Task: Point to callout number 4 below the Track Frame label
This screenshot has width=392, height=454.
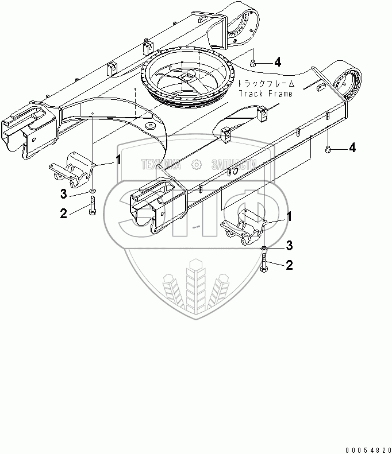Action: point(352,148)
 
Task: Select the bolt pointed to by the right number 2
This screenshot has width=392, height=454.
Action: point(263,266)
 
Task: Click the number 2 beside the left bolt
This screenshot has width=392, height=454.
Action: point(63,214)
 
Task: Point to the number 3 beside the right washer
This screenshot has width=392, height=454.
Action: point(290,246)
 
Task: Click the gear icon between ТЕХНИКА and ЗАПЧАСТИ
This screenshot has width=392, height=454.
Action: point(196,165)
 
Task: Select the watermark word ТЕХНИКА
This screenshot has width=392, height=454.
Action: point(162,165)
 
